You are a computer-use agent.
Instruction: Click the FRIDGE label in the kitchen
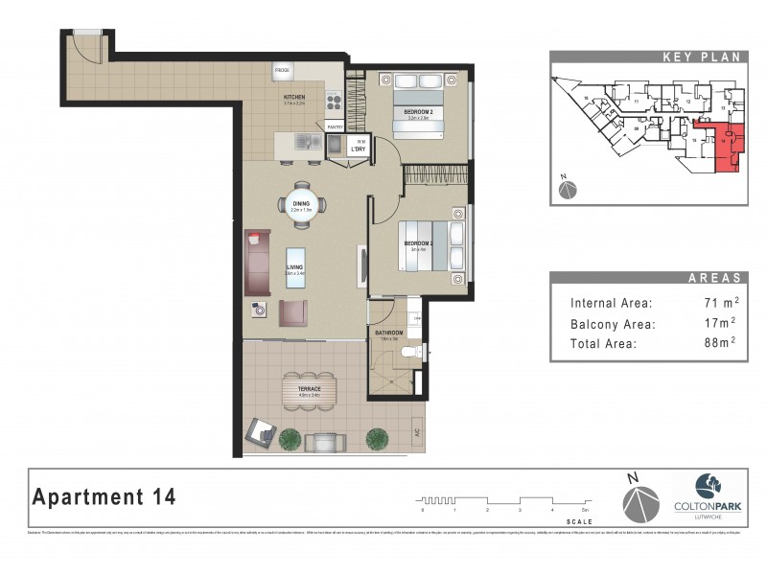[x=283, y=71]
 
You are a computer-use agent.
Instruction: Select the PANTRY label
[x=335, y=126]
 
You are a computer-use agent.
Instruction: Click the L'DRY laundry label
[x=358, y=149]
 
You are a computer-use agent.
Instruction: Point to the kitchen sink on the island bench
[x=308, y=143]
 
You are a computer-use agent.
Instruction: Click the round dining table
[x=303, y=205]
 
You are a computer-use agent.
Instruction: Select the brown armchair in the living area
[x=293, y=312]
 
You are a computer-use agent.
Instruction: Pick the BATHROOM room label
[x=388, y=333]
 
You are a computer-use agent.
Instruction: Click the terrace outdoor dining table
[x=310, y=390]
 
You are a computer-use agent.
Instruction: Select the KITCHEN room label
[x=294, y=98]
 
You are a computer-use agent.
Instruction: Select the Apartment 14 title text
[x=105, y=496]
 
